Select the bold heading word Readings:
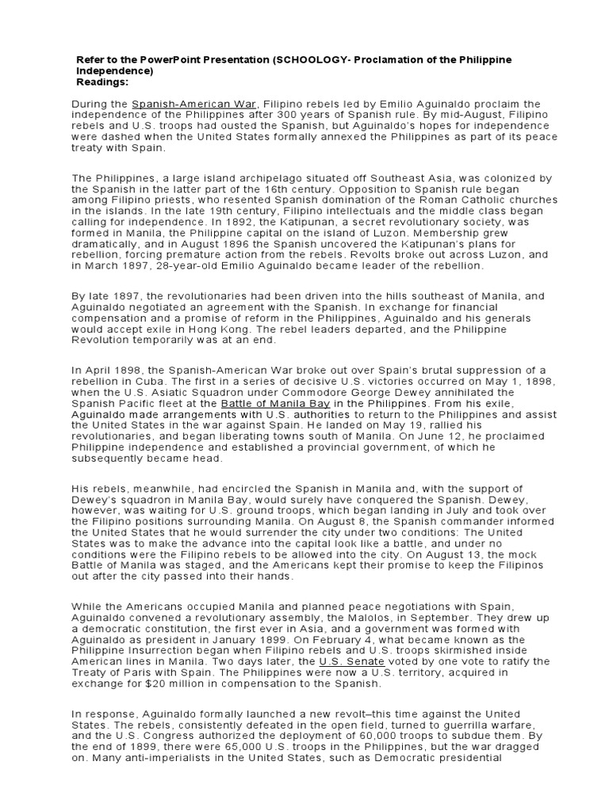(x=102, y=82)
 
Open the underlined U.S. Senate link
(x=351, y=661)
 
